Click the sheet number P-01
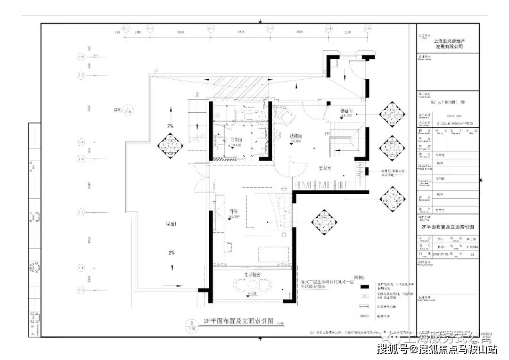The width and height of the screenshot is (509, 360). click(x=441, y=247)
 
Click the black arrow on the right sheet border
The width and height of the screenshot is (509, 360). click(x=481, y=180)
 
